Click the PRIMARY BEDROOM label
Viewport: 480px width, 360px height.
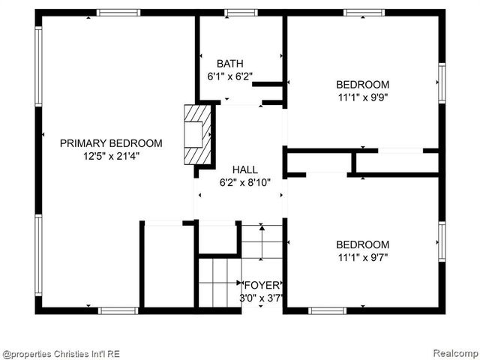[x=111, y=143]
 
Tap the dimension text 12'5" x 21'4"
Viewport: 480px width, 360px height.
[x=111, y=156]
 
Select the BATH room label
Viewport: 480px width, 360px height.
[x=229, y=64]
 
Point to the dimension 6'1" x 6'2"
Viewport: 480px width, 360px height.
[x=229, y=76]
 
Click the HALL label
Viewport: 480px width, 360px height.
[x=245, y=169]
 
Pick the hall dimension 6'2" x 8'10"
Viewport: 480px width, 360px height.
[x=245, y=182]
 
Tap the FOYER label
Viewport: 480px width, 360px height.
[x=262, y=285]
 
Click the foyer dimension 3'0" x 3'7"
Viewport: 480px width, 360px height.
[x=262, y=298]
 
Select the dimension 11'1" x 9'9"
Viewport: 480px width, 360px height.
[x=362, y=97]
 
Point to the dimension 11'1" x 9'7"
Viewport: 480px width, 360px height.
[x=362, y=257]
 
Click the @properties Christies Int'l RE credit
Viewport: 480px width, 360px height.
[x=61, y=353]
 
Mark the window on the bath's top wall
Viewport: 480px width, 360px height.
[x=241, y=12]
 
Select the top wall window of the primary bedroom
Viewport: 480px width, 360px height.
[x=118, y=12]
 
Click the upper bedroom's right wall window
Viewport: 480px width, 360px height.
[x=442, y=82]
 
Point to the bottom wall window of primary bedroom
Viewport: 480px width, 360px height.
[x=118, y=310]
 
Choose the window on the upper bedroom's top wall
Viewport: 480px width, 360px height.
[x=364, y=12]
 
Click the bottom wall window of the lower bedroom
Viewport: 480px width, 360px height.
[x=328, y=310]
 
